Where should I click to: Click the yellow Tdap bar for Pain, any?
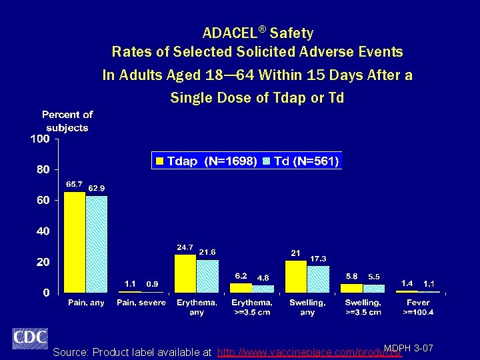pyautogui.click(x=75, y=242)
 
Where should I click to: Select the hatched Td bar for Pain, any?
pyautogui.click(x=97, y=244)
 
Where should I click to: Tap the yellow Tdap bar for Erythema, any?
pyautogui.click(x=185, y=273)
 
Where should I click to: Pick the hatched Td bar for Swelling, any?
pyautogui.click(x=318, y=279)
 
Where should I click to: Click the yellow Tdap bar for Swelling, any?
pyautogui.click(x=296, y=276)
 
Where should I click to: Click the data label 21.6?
pyautogui.click(x=207, y=252)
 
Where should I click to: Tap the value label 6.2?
pyautogui.click(x=241, y=275)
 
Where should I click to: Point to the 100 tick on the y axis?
pyautogui.click(x=40, y=139)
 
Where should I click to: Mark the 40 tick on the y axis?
pyautogui.click(x=43, y=231)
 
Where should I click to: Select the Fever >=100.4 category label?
pyautogui.click(x=418, y=307)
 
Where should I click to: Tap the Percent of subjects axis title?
pyautogui.click(x=67, y=121)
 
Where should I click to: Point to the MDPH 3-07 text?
pyautogui.click(x=409, y=348)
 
